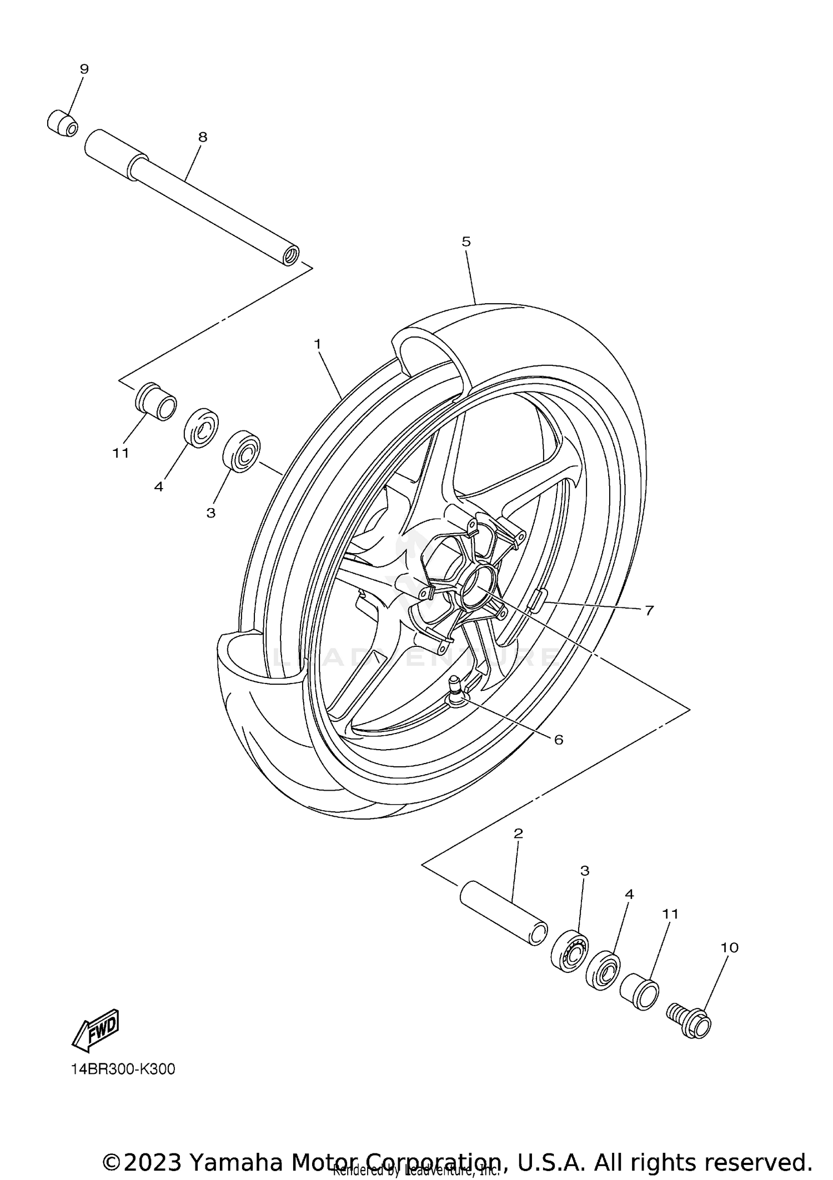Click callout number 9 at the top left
pos(84,69)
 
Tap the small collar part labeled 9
pos(62,123)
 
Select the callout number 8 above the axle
pos(203,137)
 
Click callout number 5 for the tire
pos(466,242)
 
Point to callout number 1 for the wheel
pos(318,344)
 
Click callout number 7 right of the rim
pos(649,610)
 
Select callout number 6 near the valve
pos(559,740)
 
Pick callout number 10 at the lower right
pos(730,947)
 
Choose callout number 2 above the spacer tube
pos(519,849)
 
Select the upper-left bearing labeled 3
pos(242,451)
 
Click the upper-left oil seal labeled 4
pos(201,428)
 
